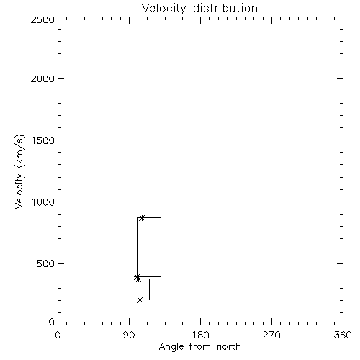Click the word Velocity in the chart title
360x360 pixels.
[x=164, y=9]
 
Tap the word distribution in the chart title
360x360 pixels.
[x=225, y=8]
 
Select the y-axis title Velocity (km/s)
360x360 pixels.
[x=19, y=171]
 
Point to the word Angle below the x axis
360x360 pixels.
[x=171, y=347]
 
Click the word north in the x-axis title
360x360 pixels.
[x=229, y=346]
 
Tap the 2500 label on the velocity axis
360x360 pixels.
[x=42, y=19]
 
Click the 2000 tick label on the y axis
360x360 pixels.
[x=42, y=78]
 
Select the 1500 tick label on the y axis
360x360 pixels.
[x=43, y=140]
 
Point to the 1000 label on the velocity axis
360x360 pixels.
[x=43, y=202]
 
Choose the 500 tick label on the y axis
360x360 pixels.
[x=46, y=264]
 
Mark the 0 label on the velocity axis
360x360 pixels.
[x=52, y=322]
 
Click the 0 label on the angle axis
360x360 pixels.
[x=58, y=335]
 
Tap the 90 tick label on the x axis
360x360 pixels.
[x=129, y=335]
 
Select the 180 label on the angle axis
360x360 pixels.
[x=200, y=335]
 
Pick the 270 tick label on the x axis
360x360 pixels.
[x=271, y=335]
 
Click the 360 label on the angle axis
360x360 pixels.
[x=343, y=335]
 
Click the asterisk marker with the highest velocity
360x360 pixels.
[x=143, y=217]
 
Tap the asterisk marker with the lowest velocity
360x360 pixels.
[x=140, y=300]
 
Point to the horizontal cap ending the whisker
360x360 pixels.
[x=149, y=300]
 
